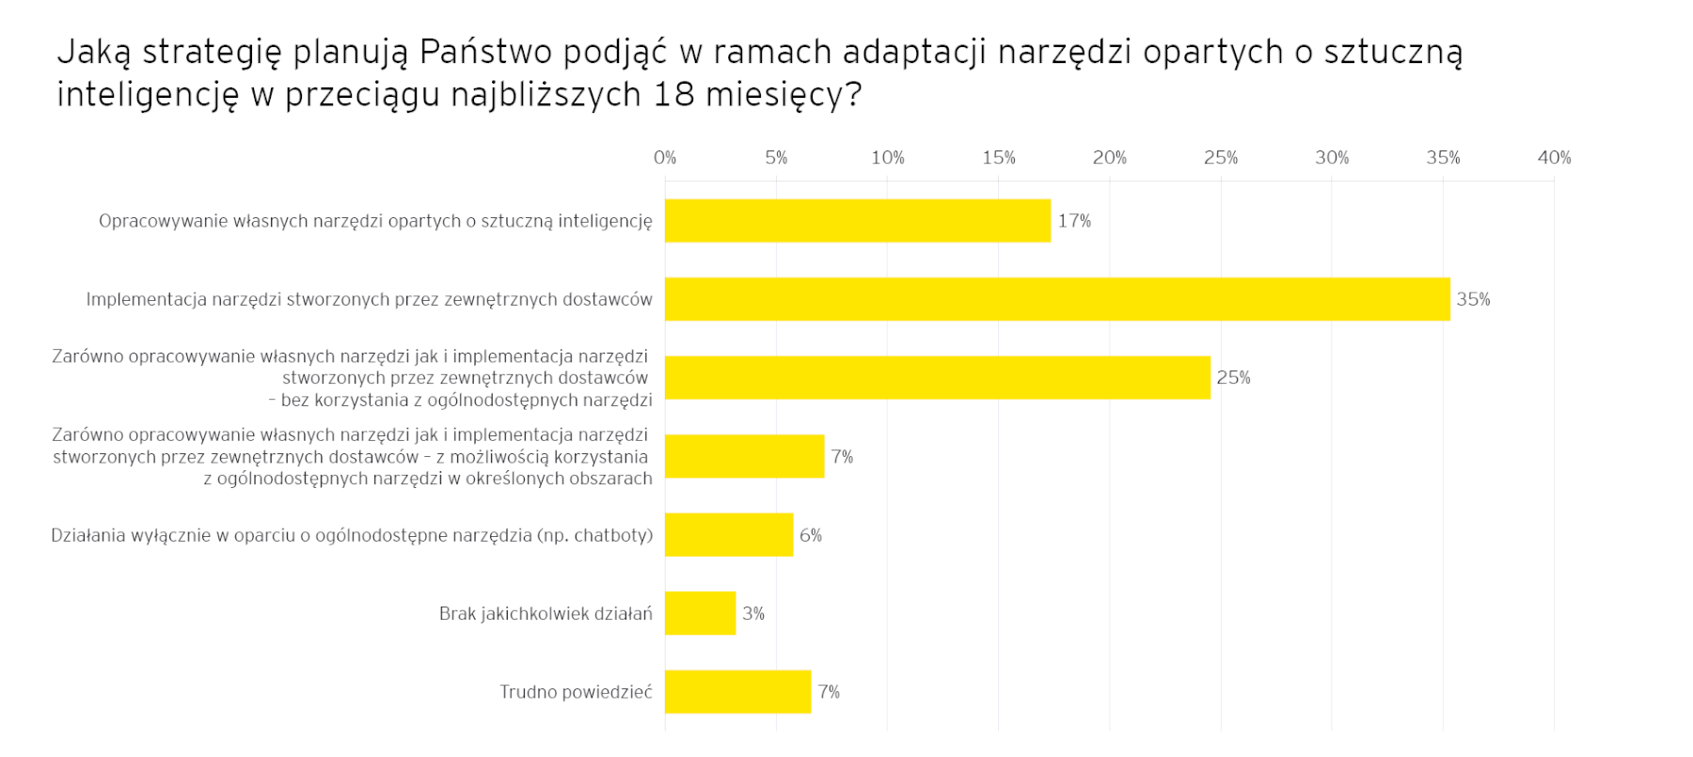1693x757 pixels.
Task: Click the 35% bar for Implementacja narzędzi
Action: click(1056, 299)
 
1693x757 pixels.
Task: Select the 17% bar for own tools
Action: click(857, 221)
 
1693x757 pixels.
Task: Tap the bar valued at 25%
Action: click(937, 377)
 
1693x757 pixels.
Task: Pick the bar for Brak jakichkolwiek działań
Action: click(700, 613)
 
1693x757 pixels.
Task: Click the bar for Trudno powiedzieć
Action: click(737, 691)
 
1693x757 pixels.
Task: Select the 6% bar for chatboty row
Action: click(728, 534)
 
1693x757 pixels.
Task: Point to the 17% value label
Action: click(1074, 221)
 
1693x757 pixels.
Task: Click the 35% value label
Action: click(1473, 299)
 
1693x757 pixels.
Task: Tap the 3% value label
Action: click(752, 613)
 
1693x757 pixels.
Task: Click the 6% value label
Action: click(810, 535)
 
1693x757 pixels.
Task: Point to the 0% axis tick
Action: click(665, 158)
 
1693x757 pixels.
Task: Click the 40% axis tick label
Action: click(1554, 158)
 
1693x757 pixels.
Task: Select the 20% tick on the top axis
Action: click(1109, 158)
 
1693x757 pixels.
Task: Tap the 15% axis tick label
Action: click(998, 158)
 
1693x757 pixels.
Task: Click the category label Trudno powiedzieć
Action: click(576, 692)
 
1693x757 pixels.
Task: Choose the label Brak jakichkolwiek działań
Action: click(546, 614)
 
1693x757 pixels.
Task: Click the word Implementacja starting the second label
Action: click(146, 300)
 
